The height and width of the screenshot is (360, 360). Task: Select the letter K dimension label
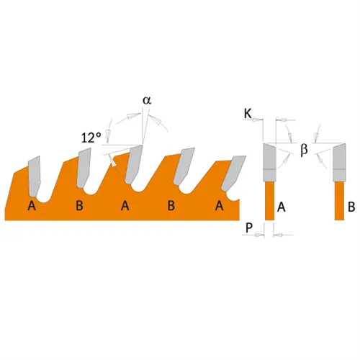[x=248, y=114]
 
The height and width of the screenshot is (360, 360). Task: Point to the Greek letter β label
[x=303, y=149]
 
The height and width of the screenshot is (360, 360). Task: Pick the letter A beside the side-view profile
[x=282, y=207]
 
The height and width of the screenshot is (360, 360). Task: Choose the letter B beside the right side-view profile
[x=351, y=207]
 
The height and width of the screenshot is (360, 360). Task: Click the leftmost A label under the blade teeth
[x=31, y=207]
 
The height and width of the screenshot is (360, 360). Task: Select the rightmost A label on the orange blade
[x=218, y=207]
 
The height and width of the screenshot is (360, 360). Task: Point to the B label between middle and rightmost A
[x=171, y=207]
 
